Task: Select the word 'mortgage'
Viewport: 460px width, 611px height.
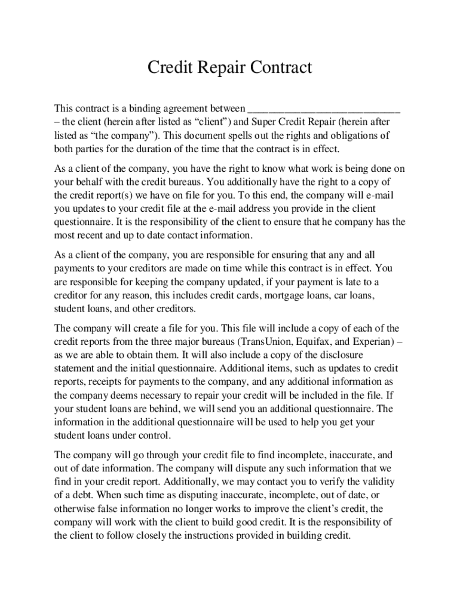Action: pos(277,295)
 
